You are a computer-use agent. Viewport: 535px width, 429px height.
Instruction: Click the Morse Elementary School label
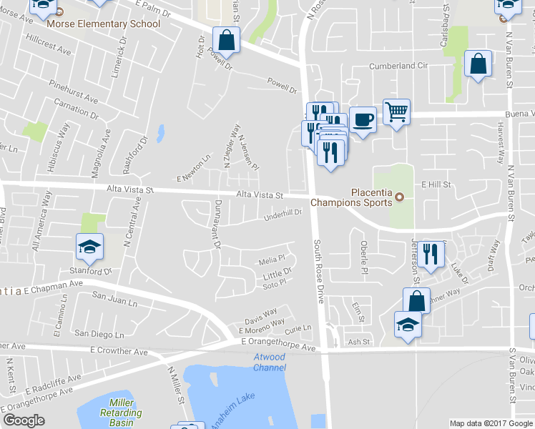pos(103,24)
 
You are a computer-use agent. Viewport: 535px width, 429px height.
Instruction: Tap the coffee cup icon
pos(363,119)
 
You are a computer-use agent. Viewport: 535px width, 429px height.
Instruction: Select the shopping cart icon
pos(397,112)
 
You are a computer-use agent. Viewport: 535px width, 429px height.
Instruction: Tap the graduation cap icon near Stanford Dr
pos(89,247)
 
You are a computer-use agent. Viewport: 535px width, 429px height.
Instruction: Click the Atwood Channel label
pos(269,363)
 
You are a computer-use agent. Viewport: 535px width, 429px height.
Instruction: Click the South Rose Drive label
pos(319,271)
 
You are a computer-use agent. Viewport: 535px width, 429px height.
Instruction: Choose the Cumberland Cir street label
pos(398,66)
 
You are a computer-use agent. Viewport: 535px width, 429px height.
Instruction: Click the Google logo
pos(24,420)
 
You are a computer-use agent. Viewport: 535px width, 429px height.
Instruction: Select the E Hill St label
pos(435,184)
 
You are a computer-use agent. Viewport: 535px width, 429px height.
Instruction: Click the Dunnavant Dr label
pos(216,225)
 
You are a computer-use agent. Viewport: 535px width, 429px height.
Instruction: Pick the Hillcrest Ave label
pos(49,51)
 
